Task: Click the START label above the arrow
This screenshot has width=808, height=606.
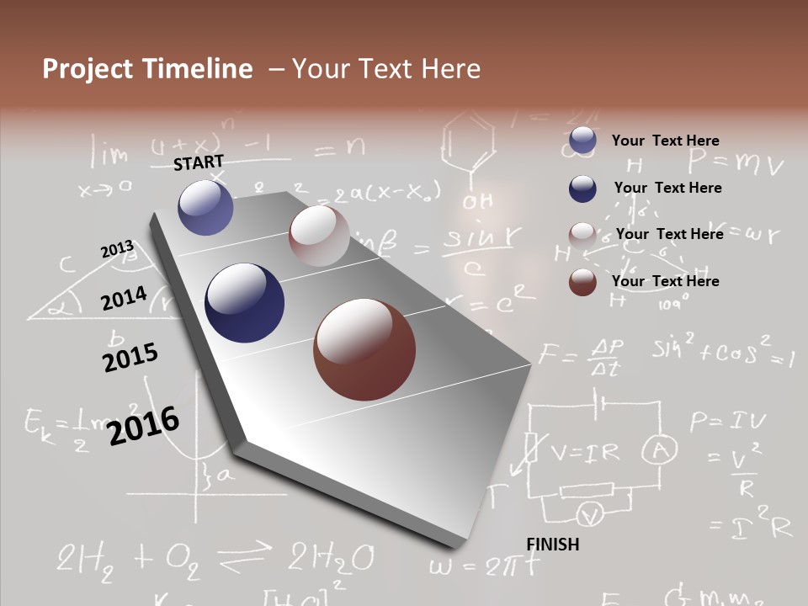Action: tap(199, 162)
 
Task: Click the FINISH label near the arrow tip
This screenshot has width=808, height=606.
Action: tap(553, 545)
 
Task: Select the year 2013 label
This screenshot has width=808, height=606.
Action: tap(117, 249)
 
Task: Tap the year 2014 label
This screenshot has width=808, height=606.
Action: tap(124, 299)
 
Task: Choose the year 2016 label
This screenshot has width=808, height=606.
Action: tap(143, 426)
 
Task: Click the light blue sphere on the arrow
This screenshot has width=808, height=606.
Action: tap(205, 207)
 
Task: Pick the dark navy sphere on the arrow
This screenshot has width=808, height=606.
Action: tap(244, 303)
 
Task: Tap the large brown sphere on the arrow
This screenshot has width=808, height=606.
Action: tap(364, 349)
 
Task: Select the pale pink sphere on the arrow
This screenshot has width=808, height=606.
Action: tap(319, 236)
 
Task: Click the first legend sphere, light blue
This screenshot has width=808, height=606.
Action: tap(582, 141)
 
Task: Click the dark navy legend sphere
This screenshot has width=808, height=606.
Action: tap(582, 189)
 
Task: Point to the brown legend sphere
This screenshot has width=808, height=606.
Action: tap(582, 282)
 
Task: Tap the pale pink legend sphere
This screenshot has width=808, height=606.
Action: tap(582, 235)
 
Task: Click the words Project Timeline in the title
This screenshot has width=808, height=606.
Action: tap(147, 69)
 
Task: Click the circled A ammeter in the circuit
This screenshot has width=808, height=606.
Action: tap(660, 451)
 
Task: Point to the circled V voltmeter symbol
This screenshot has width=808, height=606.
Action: tap(591, 513)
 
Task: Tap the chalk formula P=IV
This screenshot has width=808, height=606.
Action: tap(726, 420)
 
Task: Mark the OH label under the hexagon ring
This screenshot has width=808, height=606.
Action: tap(477, 202)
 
